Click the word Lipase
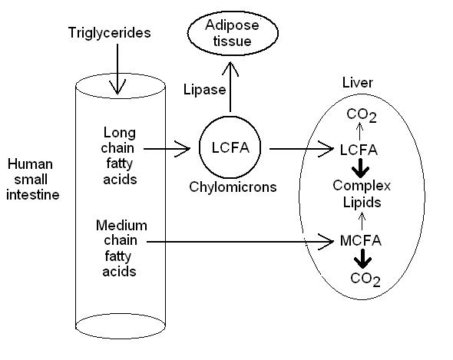tap(205, 90)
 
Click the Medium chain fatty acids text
tap(121, 248)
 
